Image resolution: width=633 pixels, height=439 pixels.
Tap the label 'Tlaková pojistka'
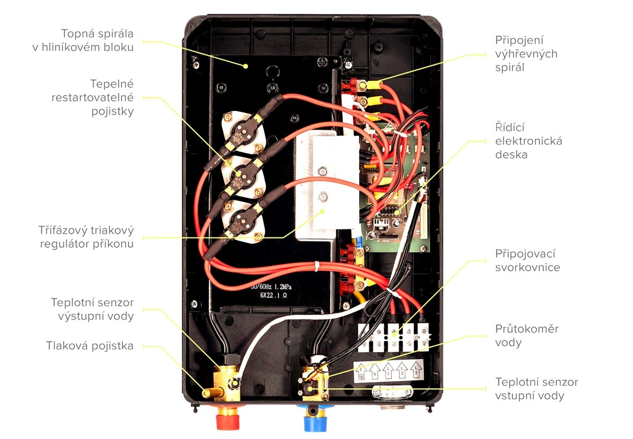click(90, 346)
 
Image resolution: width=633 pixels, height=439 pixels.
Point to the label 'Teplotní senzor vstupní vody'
click(537, 389)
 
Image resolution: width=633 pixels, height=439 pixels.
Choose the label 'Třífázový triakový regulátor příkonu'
click(87, 237)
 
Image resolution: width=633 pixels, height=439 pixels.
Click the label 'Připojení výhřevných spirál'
click(518, 54)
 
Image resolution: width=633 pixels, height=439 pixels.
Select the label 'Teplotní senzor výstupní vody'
click(92, 309)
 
